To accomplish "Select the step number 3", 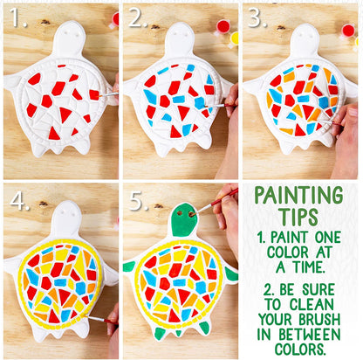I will point(256,17).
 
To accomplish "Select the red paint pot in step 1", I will point(115,17).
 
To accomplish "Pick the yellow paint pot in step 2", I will point(234,38).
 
